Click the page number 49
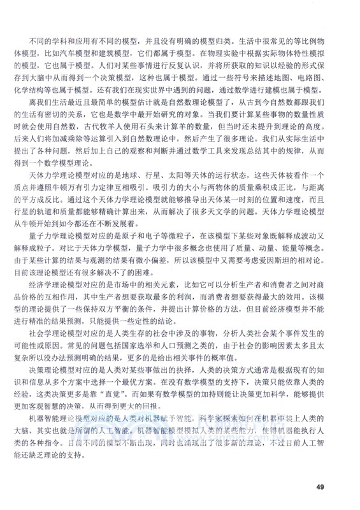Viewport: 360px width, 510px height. point(320,488)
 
